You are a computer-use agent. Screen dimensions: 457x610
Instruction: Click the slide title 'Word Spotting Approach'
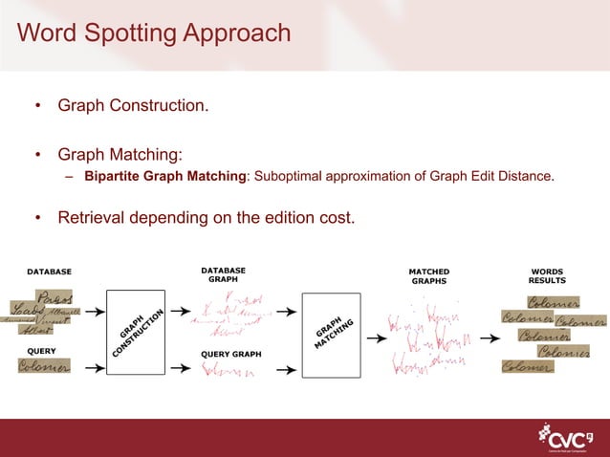click(154, 34)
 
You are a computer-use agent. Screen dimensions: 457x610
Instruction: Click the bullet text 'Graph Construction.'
click(133, 104)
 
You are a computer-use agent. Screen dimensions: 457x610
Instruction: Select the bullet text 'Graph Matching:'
click(120, 154)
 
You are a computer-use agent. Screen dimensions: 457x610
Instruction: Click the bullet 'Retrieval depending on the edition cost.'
click(206, 218)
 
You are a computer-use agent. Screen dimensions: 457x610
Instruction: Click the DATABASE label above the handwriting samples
click(49, 272)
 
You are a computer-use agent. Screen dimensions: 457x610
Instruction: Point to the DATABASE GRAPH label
click(224, 275)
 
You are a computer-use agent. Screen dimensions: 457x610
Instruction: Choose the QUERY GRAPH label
click(230, 354)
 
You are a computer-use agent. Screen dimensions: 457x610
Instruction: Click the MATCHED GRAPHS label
click(428, 276)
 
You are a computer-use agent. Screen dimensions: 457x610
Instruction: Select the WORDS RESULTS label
click(547, 275)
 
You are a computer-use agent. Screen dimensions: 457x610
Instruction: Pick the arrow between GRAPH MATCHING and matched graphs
click(375, 337)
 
